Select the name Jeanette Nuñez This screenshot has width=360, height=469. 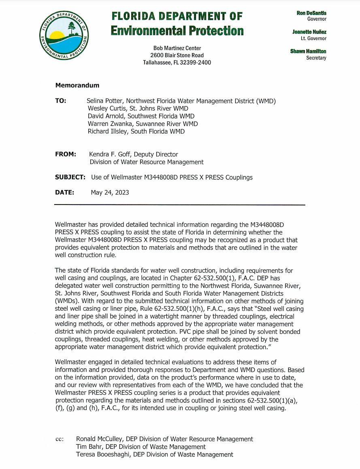(309, 32)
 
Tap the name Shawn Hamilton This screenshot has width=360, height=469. (308, 51)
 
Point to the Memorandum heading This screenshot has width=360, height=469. (77, 85)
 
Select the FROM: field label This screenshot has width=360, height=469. (65, 154)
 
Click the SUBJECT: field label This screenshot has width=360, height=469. (70, 177)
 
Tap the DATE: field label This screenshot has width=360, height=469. (64, 192)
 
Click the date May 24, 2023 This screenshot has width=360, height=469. (110, 193)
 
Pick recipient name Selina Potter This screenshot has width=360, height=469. (106, 101)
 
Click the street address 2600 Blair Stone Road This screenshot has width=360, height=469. (177, 55)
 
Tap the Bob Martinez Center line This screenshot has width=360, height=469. (177, 48)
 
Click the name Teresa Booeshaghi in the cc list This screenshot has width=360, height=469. (102, 454)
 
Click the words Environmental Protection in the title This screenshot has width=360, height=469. (177, 31)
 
